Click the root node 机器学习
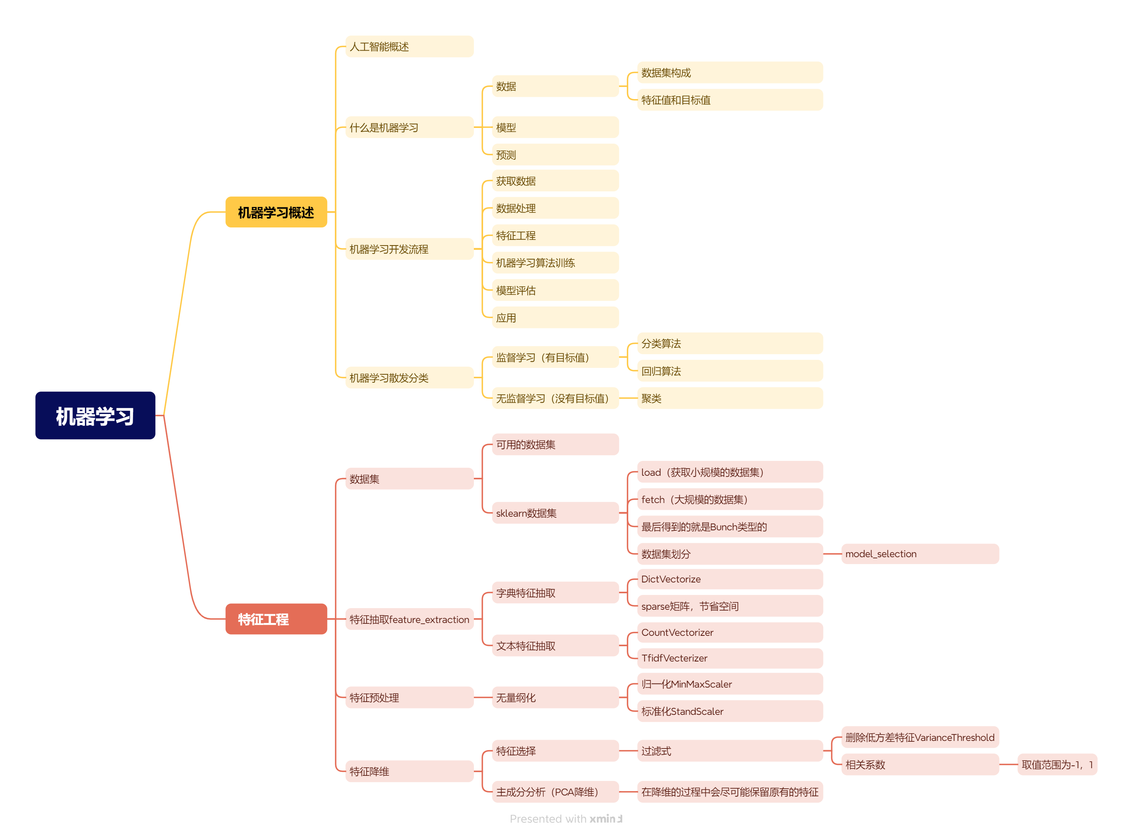point(95,416)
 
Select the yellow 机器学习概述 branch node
point(276,212)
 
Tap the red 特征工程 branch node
point(276,619)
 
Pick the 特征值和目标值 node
point(730,100)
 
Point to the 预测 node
point(556,155)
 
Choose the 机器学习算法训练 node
point(556,263)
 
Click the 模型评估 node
point(556,290)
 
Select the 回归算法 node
point(730,371)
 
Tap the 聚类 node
point(730,398)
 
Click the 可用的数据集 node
point(556,444)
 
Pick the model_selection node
point(920,554)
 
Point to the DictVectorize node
point(730,579)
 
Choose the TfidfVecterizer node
point(730,658)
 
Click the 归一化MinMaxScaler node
point(730,684)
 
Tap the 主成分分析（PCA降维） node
point(556,792)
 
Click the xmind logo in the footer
point(606,819)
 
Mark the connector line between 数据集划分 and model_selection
point(832,554)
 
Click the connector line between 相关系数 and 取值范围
point(1008,765)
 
